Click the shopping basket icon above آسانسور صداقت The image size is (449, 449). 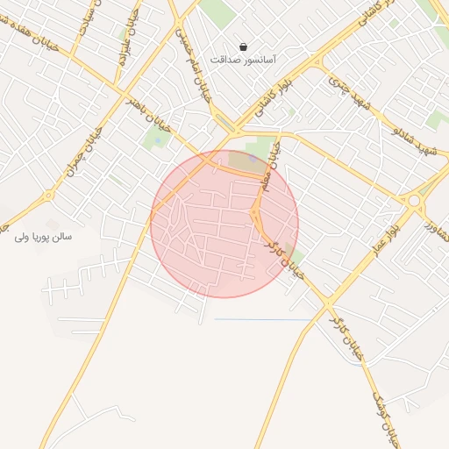[x=243, y=46]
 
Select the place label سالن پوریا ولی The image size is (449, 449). [x=43, y=237]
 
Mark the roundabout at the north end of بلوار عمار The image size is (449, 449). [x=413, y=201]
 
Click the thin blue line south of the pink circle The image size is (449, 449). [x=263, y=319]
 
